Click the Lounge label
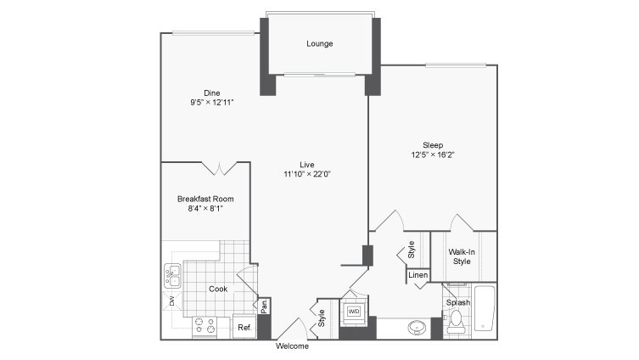pyautogui.click(x=319, y=44)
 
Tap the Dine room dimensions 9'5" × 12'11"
pyautogui.click(x=211, y=102)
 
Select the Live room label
pyautogui.click(x=306, y=164)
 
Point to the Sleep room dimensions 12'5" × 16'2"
pyautogui.click(x=433, y=155)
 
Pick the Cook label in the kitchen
pyautogui.click(x=218, y=289)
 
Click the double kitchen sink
pyautogui.click(x=172, y=275)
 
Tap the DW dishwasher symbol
pyautogui.click(x=171, y=301)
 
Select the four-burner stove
pyautogui.click(x=204, y=324)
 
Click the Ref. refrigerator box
pyautogui.click(x=244, y=327)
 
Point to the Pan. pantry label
pyautogui.click(x=264, y=306)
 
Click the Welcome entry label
pyautogui.click(x=292, y=346)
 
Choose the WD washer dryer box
pyautogui.click(x=352, y=311)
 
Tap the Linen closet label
pyautogui.click(x=418, y=275)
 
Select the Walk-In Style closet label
pyautogui.click(x=461, y=256)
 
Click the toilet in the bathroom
pyautogui.click(x=455, y=320)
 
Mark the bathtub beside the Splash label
pyautogui.click(x=485, y=310)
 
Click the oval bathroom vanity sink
pyautogui.click(x=417, y=327)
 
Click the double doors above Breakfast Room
pyautogui.click(x=220, y=168)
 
